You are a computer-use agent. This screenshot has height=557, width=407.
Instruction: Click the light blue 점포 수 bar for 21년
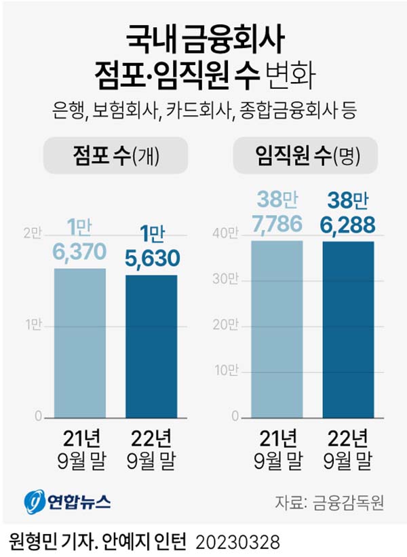tap(80, 343)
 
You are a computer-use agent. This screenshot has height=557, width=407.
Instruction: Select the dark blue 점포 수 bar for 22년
tap(151, 346)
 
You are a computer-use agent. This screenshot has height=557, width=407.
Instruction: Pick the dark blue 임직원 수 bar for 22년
tap(348, 329)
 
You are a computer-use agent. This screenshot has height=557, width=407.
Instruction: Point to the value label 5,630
tap(152, 258)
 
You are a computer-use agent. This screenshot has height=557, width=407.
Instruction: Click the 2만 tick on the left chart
tap(33, 234)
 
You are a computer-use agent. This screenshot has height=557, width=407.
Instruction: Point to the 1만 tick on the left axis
tap(33, 325)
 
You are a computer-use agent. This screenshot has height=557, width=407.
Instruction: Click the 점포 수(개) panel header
tap(115, 157)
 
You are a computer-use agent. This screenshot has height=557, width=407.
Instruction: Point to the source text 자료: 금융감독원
tap(330, 502)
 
